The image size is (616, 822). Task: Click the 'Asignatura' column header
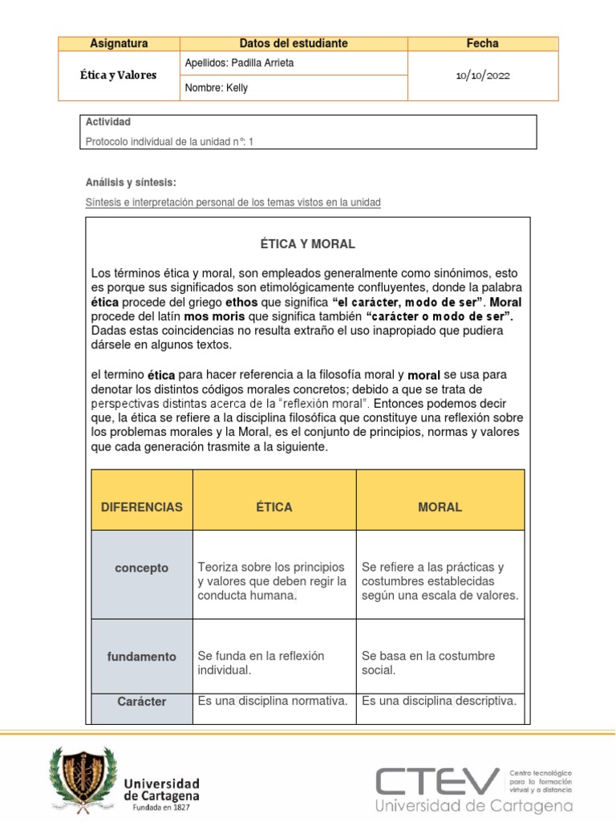click(x=119, y=43)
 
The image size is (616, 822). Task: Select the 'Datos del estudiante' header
click(x=294, y=43)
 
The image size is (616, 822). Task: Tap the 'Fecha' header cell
click(x=482, y=43)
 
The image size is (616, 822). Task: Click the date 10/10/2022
click(x=482, y=75)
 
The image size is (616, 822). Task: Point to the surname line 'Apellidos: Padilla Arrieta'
click(x=239, y=63)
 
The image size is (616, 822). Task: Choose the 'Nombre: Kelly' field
click(x=216, y=88)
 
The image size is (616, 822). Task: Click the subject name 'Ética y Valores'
click(x=119, y=75)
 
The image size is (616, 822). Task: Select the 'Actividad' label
click(x=107, y=122)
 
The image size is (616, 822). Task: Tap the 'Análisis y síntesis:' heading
click(x=130, y=183)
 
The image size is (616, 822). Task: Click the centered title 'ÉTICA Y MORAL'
click(x=307, y=244)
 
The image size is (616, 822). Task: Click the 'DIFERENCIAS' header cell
click(x=142, y=507)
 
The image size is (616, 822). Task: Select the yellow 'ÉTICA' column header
click(x=274, y=507)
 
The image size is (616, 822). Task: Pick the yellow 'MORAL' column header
click(x=440, y=507)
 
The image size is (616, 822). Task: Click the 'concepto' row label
click(x=142, y=568)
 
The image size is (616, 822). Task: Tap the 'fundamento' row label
click(x=142, y=657)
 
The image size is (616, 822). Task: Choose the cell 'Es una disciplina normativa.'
click(x=273, y=701)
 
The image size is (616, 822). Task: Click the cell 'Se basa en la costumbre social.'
click(x=428, y=663)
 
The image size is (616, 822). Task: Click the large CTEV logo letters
click(x=438, y=780)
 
